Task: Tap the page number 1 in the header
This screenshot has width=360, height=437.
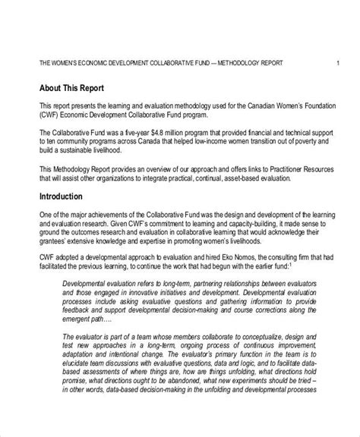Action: click(337, 63)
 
